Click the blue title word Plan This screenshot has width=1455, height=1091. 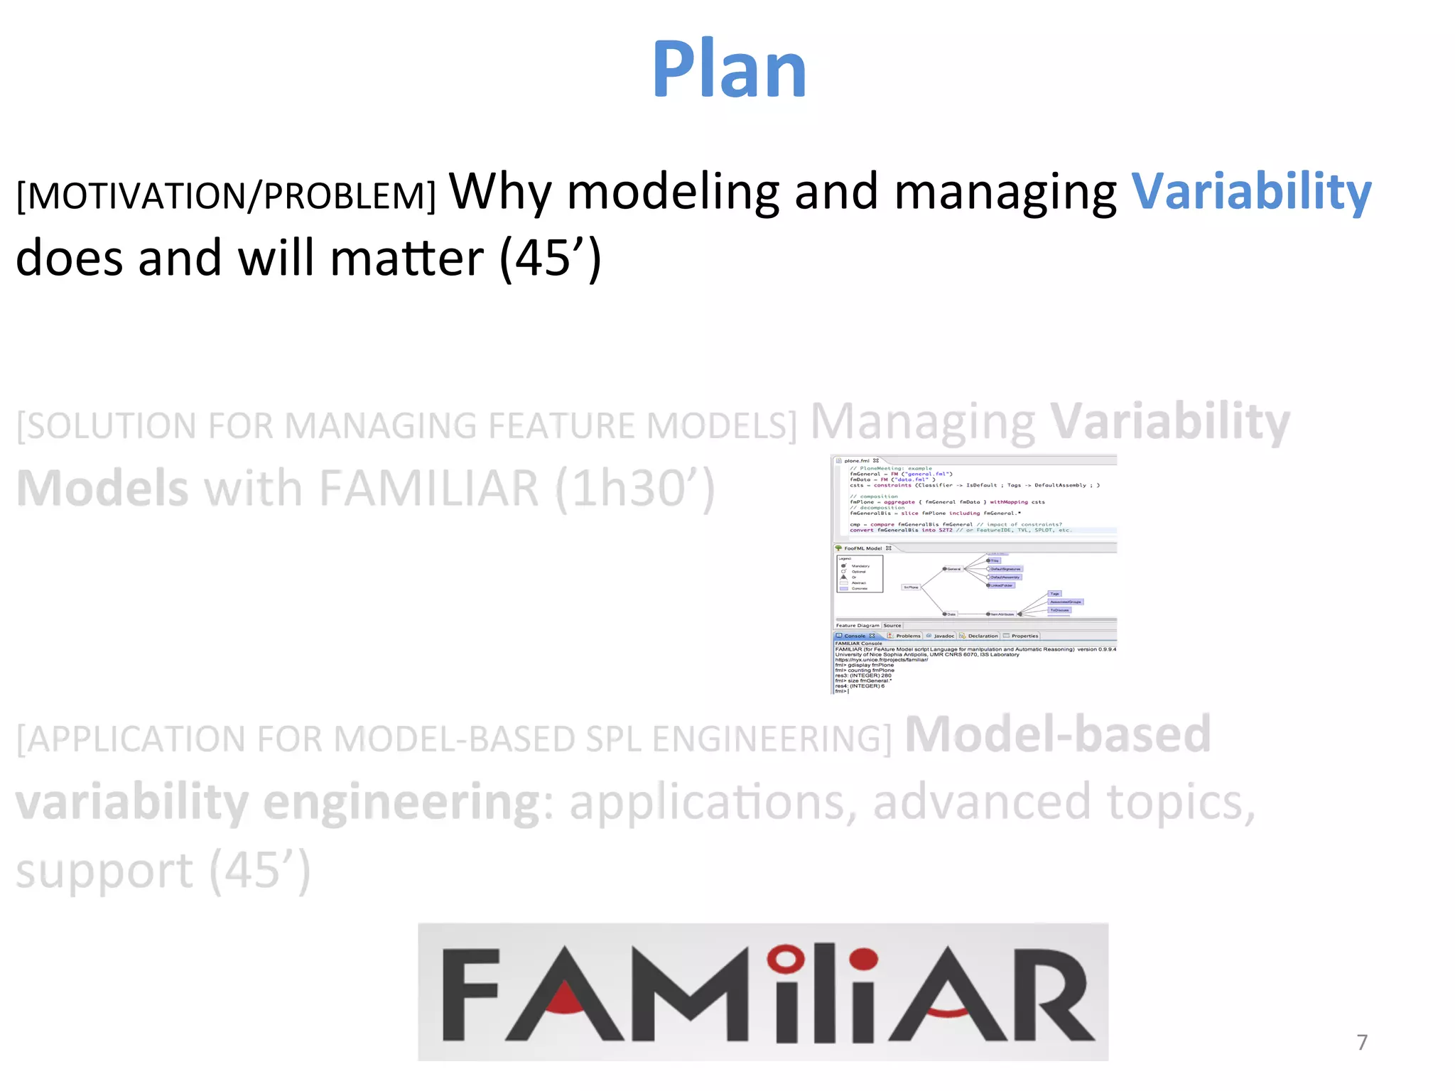[729, 70]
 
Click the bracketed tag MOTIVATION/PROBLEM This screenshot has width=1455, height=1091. [226, 196]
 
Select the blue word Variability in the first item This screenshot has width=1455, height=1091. [1250, 192]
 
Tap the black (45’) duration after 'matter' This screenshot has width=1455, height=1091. [551, 259]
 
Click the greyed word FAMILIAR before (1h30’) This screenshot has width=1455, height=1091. [429, 489]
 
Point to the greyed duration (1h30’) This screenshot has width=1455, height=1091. [634, 489]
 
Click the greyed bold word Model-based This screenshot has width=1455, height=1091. [1057, 734]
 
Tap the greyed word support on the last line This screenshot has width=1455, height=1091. [104, 871]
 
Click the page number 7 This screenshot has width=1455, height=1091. [1361, 1042]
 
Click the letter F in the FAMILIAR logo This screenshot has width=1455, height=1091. [470, 994]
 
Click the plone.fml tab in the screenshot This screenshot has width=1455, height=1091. [858, 460]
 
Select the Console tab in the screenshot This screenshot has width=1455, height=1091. [855, 636]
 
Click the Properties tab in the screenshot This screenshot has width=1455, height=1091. [1024, 636]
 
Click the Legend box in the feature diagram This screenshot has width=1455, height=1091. [860, 574]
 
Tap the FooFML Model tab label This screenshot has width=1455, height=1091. [862, 548]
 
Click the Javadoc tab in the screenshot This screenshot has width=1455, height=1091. [943, 636]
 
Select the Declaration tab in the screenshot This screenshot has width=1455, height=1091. [982, 636]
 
